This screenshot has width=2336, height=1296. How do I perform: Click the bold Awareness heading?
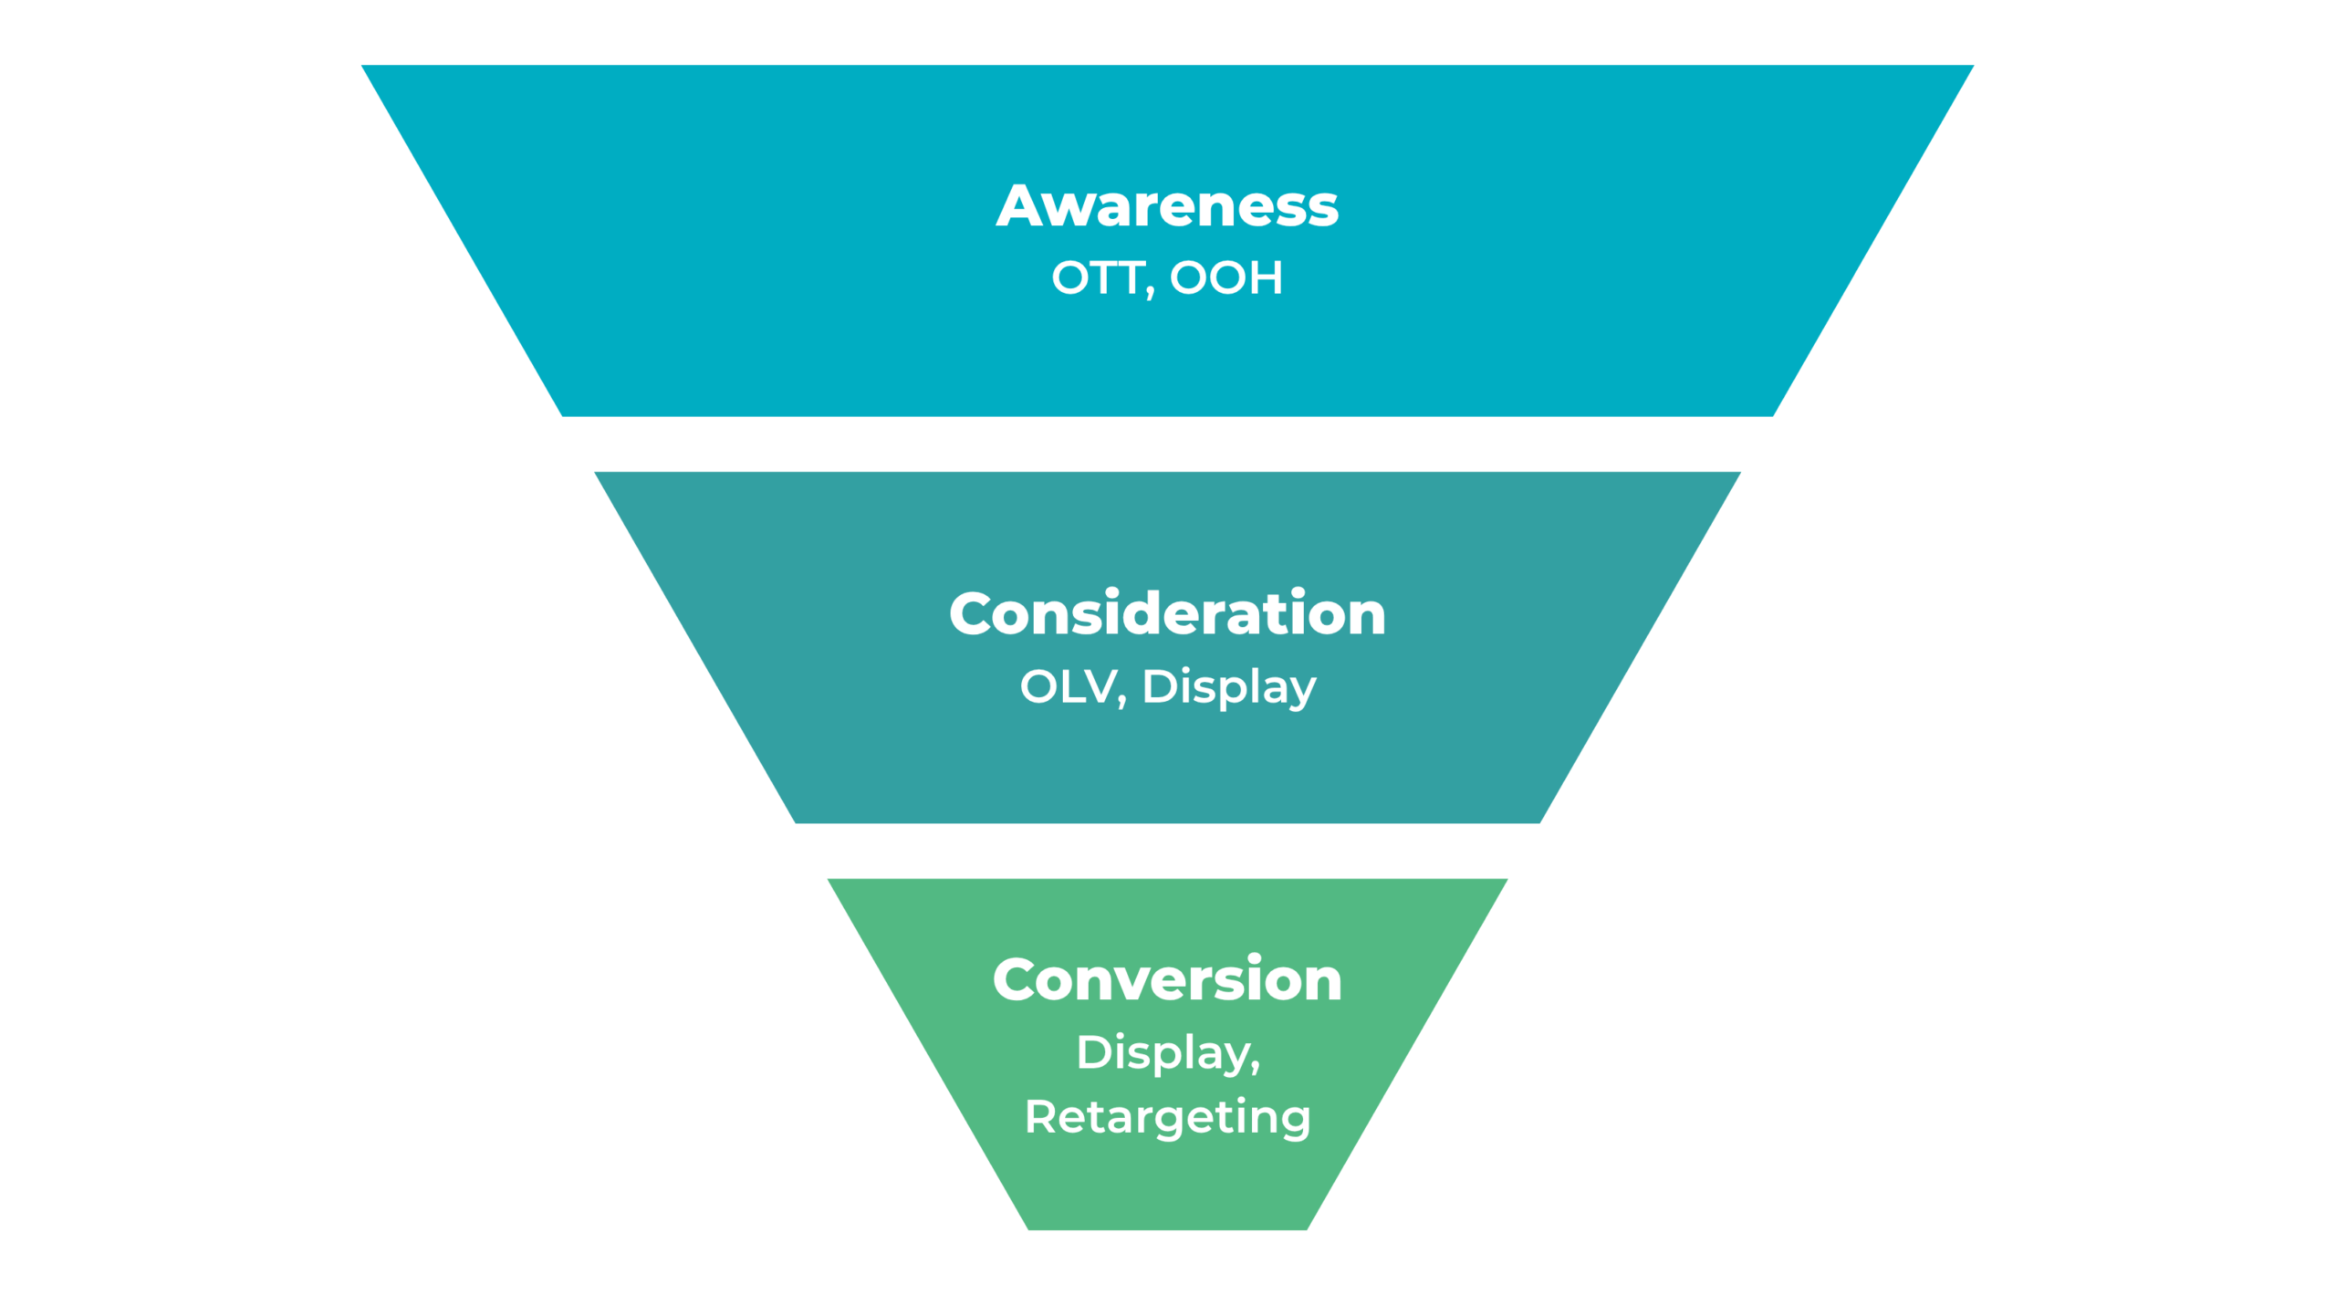coord(1167,206)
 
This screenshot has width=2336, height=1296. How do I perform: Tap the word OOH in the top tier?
coord(1226,277)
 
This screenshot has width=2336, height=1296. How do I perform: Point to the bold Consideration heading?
coord(1167,613)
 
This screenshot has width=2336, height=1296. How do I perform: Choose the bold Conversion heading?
coord(1167,980)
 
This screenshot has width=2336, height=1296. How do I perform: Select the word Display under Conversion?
coord(1163,1053)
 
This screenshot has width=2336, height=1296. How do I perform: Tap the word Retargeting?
coord(1167,1117)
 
